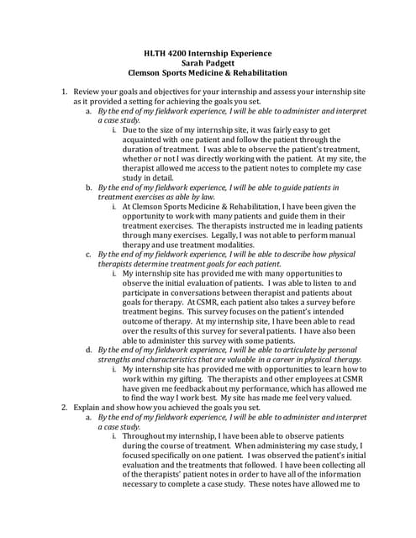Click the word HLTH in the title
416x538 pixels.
coord(155,53)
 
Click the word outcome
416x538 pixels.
coord(145,320)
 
